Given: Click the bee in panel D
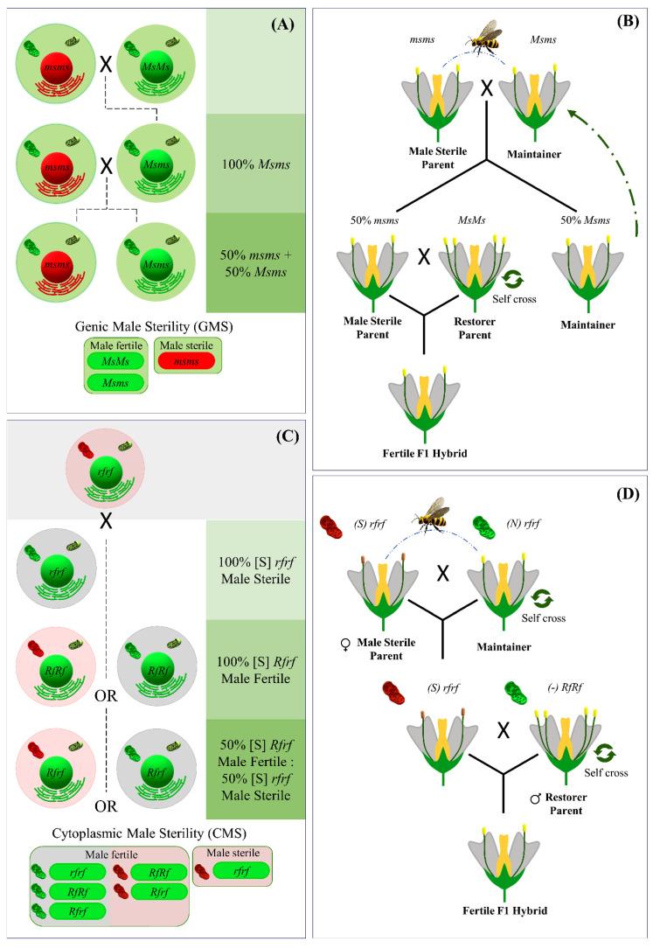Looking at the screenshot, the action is click(x=433, y=514).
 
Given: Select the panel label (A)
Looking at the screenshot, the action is click(x=282, y=24).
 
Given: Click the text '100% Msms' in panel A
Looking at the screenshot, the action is click(x=255, y=164).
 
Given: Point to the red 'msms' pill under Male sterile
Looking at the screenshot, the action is click(x=186, y=361).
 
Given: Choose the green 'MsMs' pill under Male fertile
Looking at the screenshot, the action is click(x=115, y=361).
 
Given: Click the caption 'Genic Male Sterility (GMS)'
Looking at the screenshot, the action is click(x=154, y=326).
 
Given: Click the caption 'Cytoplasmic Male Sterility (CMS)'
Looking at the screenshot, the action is click(x=149, y=833).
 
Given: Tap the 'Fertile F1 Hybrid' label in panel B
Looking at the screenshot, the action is click(x=425, y=453).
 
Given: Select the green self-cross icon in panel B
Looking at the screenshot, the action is click(x=514, y=279).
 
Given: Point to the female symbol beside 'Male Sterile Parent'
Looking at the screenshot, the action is click(x=345, y=645).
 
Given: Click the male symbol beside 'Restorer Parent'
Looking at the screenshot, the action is click(x=535, y=798).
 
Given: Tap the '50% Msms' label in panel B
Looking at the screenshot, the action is click(x=585, y=220).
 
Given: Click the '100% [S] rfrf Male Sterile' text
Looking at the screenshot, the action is click(x=255, y=570).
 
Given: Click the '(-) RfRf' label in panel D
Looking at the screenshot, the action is click(x=565, y=687).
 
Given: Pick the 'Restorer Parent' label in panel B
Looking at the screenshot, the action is click(x=475, y=328).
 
